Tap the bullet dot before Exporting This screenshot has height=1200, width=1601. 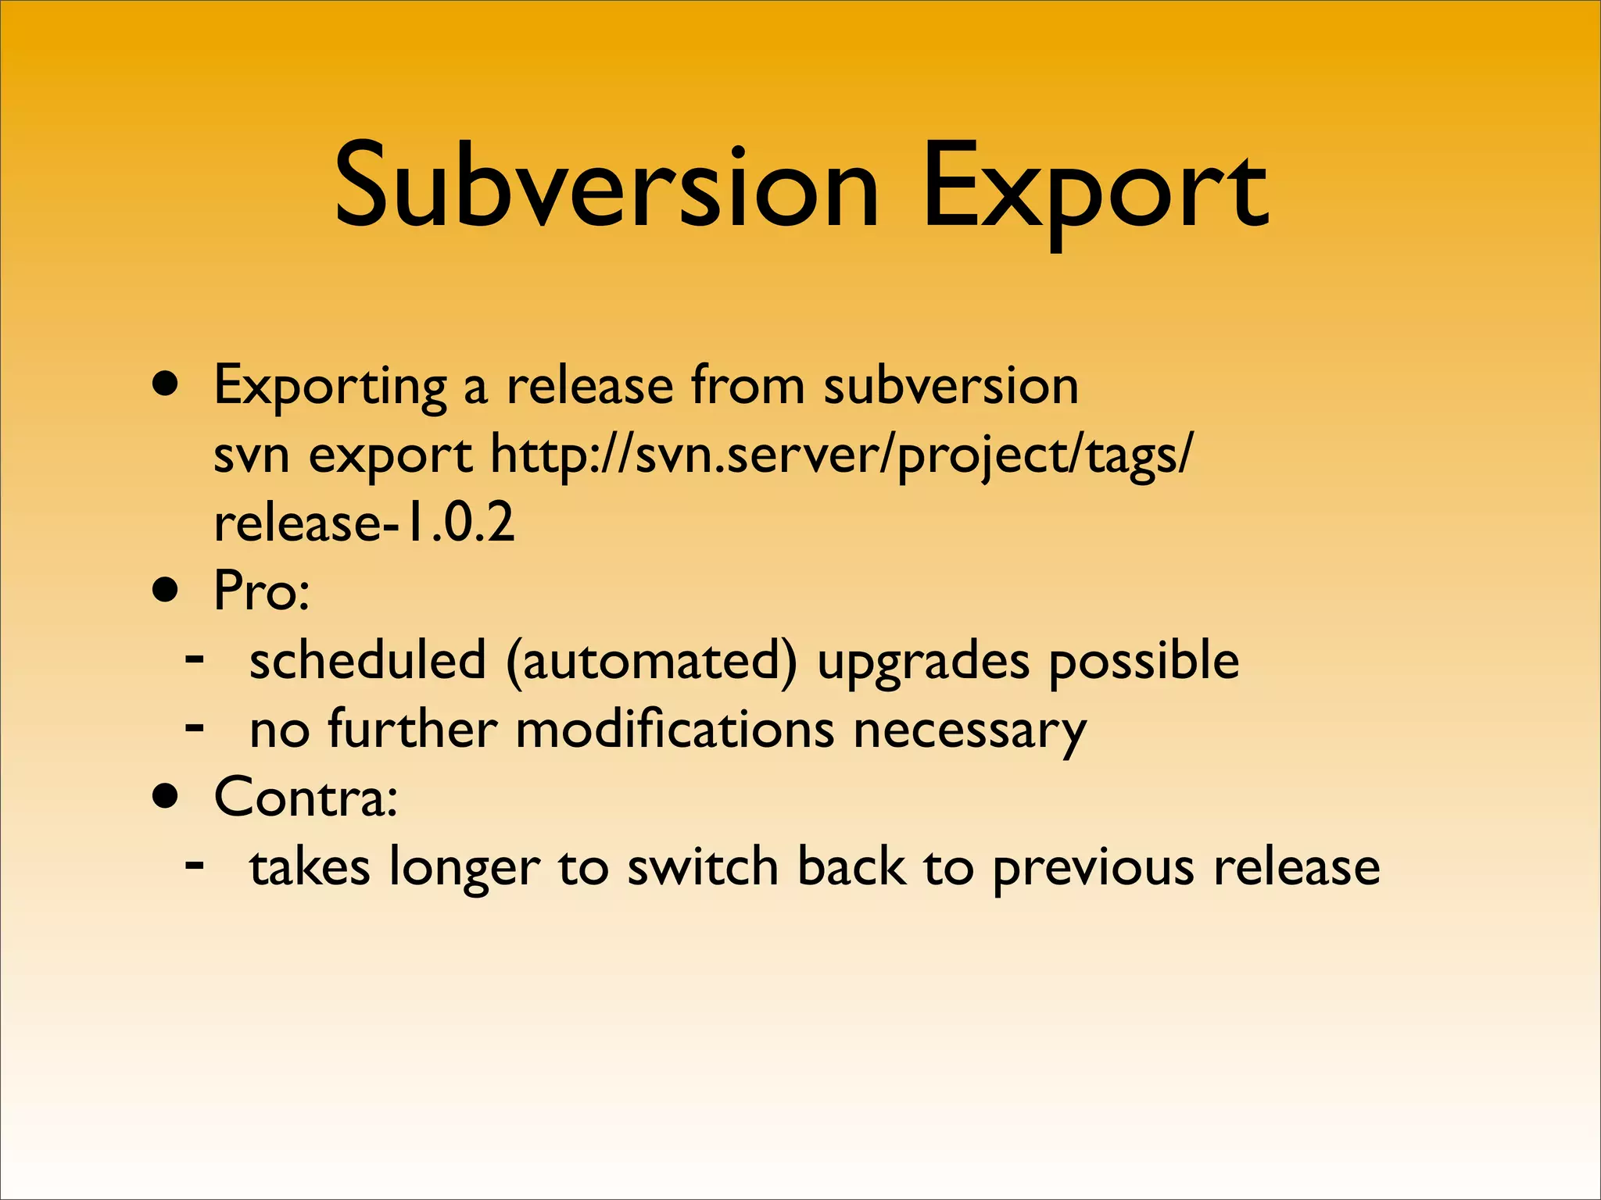(x=167, y=384)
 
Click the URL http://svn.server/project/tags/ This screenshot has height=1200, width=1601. (x=841, y=455)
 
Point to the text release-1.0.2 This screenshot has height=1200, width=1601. (x=364, y=522)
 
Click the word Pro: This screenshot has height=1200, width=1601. (x=262, y=591)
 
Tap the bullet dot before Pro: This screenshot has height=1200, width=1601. (x=167, y=591)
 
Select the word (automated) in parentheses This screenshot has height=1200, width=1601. (x=652, y=661)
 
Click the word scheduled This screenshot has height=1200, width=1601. (x=367, y=659)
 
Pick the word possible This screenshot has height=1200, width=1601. (x=1143, y=661)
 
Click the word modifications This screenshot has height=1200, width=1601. (x=675, y=728)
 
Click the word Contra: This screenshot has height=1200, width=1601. (x=306, y=797)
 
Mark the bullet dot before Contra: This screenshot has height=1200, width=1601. (x=167, y=798)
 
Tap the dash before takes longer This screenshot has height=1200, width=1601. (x=195, y=865)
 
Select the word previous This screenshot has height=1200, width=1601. (x=1093, y=867)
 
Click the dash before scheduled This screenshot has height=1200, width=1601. (x=195, y=659)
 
